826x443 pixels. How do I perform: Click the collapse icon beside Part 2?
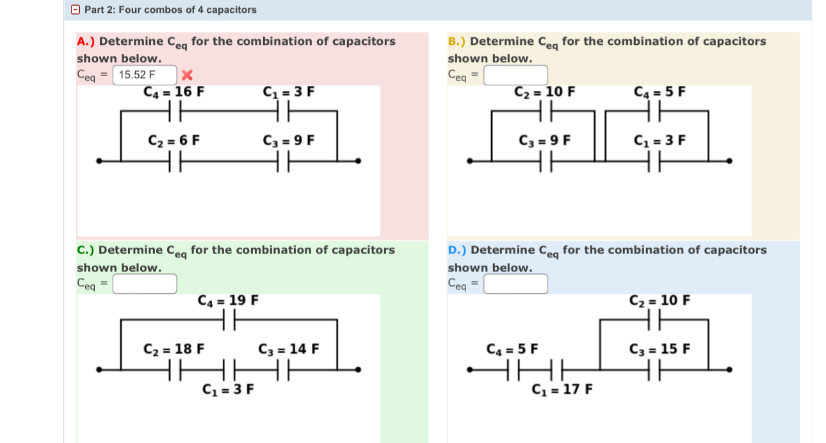(76, 10)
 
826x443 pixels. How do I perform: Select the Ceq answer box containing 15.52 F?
(145, 75)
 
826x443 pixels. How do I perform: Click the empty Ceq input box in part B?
(515, 75)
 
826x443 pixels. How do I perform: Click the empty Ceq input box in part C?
(145, 283)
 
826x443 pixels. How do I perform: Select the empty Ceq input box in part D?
(515, 283)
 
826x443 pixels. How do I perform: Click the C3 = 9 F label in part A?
(288, 140)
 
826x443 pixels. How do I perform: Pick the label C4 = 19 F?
(228, 300)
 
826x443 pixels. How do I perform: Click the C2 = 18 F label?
(174, 349)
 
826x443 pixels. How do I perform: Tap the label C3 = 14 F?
(288, 349)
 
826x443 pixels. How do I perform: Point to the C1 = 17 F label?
(562, 389)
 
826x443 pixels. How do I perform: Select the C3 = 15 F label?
(660, 349)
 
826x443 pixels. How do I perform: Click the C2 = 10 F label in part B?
(545, 92)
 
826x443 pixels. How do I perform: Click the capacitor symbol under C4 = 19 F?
(229, 319)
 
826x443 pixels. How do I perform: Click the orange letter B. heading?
(456, 42)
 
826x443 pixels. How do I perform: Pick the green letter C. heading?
(85, 250)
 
